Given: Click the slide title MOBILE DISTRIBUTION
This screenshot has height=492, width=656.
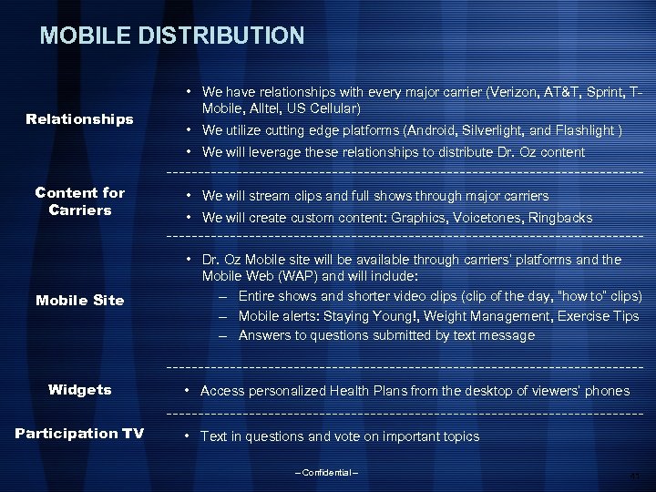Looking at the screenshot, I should pos(172,36).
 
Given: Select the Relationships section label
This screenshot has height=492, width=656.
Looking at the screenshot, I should pos(79,119).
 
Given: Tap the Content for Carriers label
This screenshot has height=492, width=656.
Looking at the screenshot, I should pos(79,201).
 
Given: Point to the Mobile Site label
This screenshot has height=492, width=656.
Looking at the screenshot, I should pos(79,300).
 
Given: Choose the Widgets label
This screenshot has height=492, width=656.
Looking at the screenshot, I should pos(79,390).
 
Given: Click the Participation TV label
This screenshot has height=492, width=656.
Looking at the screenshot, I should pos(79,433).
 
